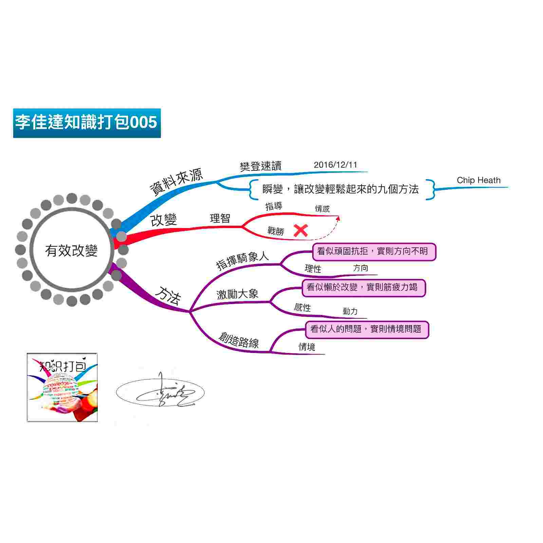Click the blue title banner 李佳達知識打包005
pos(87,123)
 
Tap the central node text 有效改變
pos(71,251)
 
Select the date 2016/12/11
pos(335,165)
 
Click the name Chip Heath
pos(479,180)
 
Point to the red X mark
pos(300,231)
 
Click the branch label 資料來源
pos(176,182)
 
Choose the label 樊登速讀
pos(260,166)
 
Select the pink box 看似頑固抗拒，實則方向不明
pos(374,251)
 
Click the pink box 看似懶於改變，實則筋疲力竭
pos(363,288)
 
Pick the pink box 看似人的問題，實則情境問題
pos(367,330)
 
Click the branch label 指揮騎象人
pos(242,260)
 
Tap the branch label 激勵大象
pos(237,294)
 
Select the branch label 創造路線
pos(239,340)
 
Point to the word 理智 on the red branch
pos(220,218)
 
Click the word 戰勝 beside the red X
pos(275,231)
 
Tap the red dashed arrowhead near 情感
pos(338,218)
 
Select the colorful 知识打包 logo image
pos(62,388)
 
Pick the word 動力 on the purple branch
pos(350,311)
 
